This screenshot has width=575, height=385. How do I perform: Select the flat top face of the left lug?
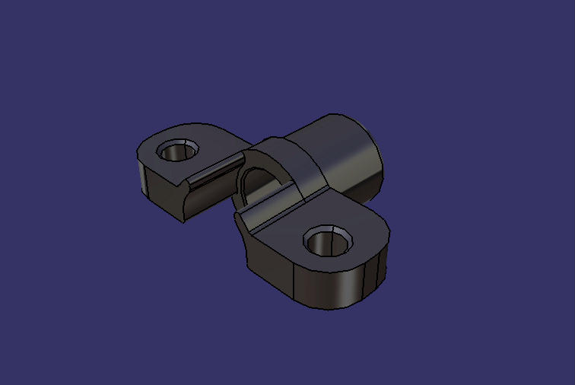[x=205, y=141]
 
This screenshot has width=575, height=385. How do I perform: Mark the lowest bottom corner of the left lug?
[x=183, y=221]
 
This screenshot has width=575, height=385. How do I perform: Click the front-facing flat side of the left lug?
[x=164, y=196]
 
